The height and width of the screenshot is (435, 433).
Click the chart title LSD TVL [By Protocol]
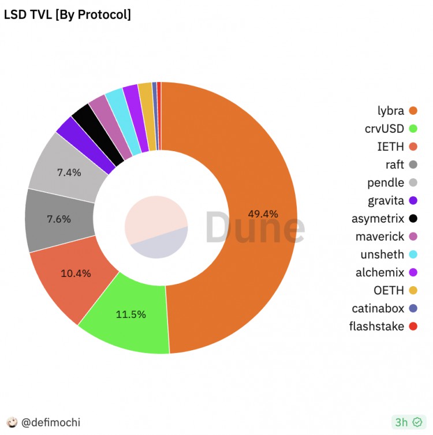click(68, 14)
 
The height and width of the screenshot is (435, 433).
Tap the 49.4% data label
click(263, 214)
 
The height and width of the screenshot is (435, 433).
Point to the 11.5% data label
click(131, 314)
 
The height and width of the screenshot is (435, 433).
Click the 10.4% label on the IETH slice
click(76, 273)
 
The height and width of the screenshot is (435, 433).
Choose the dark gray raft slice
click(58, 220)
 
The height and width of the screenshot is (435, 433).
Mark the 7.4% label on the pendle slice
click(69, 172)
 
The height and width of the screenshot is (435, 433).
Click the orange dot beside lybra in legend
click(412, 111)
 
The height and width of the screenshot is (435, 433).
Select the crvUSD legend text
click(385, 129)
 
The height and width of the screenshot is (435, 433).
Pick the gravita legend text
click(386, 201)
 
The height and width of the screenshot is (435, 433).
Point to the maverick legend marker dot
click(412, 237)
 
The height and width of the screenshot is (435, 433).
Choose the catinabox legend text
click(378, 309)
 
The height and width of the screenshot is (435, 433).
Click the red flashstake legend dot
click(412, 327)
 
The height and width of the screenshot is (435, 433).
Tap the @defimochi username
click(50, 422)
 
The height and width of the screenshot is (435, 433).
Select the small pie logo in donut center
click(156, 227)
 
